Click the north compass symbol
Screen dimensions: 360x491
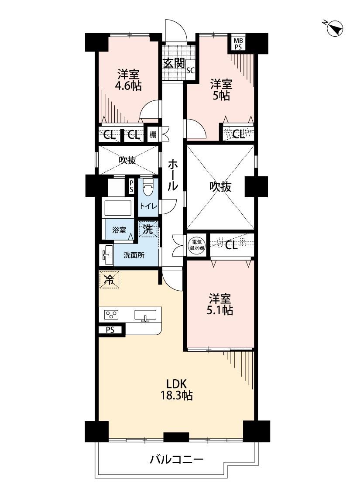pos(334,28)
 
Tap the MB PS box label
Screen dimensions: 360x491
pos(238,43)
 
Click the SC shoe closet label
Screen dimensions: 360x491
pos(190,70)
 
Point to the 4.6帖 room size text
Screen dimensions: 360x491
pos(129,86)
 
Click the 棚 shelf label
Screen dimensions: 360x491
pos(152,135)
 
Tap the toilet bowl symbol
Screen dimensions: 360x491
pos(147,187)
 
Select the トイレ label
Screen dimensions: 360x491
pos(148,206)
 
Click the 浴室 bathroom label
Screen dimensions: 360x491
pos(119,230)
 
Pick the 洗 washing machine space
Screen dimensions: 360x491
pos(148,229)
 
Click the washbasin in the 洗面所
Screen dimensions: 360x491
pos(106,254)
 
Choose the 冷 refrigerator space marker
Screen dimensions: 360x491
pos(109,279)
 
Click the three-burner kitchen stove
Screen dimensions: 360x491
pos(111,314)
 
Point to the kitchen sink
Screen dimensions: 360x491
pos(146,315)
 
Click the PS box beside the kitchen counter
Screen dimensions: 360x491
pos(110,330)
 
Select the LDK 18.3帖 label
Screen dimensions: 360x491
pos(176,390)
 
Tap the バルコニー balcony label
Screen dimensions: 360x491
pos(176,460)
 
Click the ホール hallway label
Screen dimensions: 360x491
pos(172,175)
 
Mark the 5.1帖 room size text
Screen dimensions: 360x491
pos(219,310)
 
